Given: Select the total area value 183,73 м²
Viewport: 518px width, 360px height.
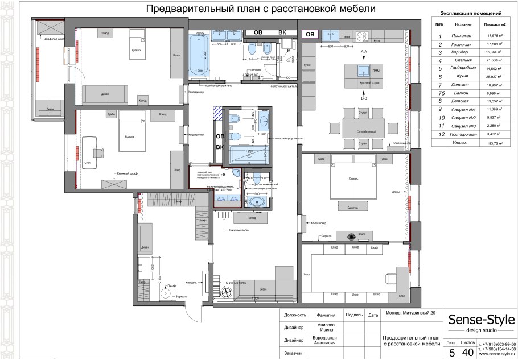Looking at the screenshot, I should pyautogui.click(x=491, y=144).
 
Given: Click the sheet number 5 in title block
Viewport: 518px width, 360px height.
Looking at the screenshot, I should pyautogui.click(x=452, y=353).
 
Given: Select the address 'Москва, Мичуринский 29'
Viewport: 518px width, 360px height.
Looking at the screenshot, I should pyautogui.click(x=410, y=314).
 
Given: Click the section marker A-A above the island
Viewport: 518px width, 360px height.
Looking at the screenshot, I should pyautogui.click(x=363, y=51).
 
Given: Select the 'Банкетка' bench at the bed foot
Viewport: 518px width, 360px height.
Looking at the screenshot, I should pyautogui.click(x=352, y=208).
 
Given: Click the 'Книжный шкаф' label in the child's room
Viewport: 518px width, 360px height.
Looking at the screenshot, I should pyautogui.click(x=128, y=173).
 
